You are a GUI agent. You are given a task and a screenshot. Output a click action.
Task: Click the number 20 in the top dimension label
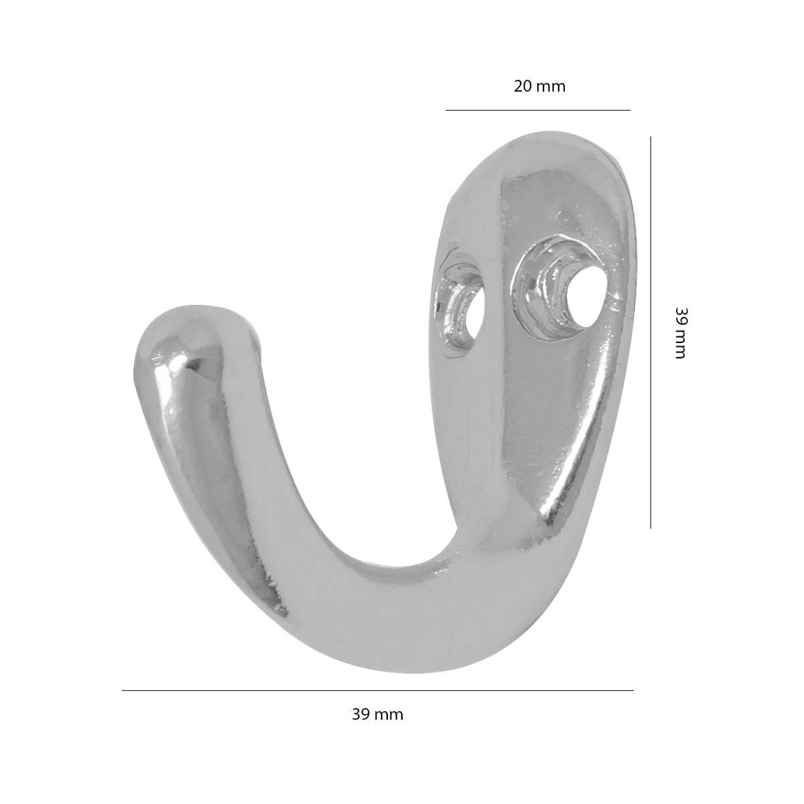click(x=523, y=87)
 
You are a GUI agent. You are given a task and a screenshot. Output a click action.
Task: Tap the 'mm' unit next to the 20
click(x=551, y=88)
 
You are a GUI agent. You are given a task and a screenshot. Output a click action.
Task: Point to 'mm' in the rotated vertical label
click(x=680, y=344)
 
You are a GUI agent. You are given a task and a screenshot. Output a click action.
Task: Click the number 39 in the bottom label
click(x=360, y=714)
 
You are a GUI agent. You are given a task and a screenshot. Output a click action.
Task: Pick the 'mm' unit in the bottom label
click(x=389, y=715)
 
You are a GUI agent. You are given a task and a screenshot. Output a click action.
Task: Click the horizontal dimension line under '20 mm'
click(x=538, y=110)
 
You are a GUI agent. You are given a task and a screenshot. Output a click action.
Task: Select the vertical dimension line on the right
click(x=651, y=332)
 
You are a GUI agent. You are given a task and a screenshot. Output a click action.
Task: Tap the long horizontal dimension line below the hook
click(x=378, y=690)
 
